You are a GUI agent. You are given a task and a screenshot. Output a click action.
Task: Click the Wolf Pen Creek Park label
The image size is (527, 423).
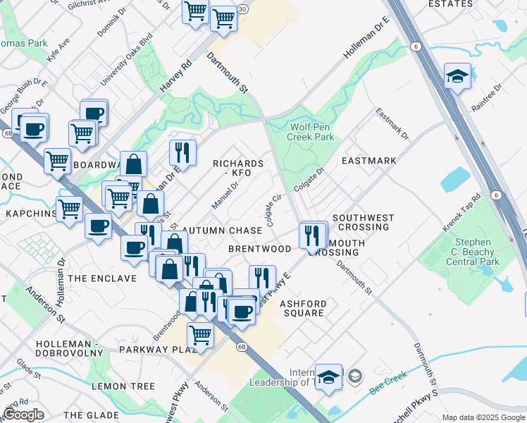311,133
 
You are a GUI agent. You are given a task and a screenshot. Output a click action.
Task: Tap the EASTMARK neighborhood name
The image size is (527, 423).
368,161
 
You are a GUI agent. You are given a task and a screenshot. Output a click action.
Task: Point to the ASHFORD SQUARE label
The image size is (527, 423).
302,307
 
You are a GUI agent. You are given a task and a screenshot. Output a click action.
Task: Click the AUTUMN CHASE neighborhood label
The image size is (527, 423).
222,231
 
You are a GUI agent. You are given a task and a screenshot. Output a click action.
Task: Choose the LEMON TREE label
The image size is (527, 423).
123,386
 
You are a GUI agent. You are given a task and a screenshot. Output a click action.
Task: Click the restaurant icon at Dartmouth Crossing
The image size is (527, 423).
311,234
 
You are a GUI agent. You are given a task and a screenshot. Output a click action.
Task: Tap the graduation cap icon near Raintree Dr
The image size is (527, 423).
457,75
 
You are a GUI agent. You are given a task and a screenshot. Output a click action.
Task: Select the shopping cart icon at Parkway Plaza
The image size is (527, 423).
201,334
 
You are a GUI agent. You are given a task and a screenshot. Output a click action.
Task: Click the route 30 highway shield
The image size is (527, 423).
242,9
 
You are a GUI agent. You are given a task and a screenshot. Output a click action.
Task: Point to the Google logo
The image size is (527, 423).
23,415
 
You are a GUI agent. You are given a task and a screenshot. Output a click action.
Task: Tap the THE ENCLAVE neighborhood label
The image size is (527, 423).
102,278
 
